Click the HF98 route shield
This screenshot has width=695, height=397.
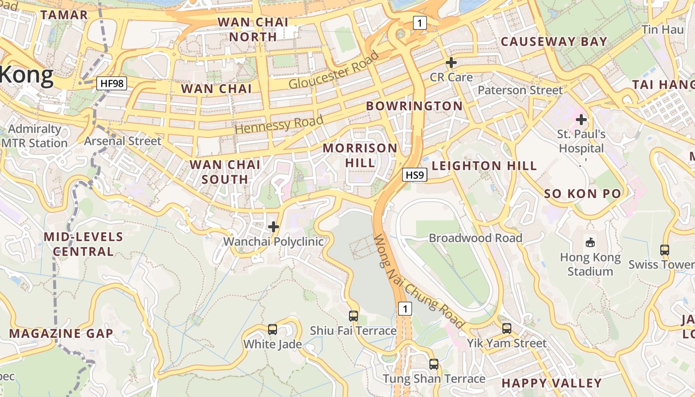(112, 83)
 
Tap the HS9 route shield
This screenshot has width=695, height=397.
(415, 175)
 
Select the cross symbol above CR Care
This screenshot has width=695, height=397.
(451, 63)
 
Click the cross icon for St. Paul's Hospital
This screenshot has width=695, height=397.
(581, 120)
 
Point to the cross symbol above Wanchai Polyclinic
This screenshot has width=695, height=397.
(274, 227)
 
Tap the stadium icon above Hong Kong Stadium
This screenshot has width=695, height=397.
(590, 242)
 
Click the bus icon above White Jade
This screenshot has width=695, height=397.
(272, 329)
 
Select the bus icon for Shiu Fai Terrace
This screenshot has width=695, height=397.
(353, 316)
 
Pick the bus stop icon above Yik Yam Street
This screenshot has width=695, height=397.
(506, 328)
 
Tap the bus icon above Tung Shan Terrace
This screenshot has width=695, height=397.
(434, 364)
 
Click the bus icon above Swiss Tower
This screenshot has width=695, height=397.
(665, 250)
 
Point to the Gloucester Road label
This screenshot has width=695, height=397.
(334, 70)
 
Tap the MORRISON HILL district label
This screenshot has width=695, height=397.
(360, 155)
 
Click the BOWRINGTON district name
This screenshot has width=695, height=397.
(414, 106)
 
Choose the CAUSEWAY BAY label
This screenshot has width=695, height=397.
(554, 41)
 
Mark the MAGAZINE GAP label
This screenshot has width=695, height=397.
(61, 333)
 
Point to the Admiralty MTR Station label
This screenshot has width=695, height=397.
(35, 136)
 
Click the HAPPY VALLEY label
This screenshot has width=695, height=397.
(552, 383)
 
